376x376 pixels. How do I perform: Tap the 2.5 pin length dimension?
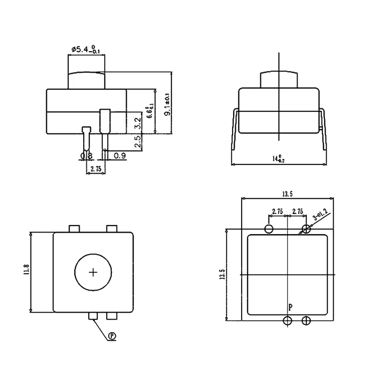(137, 142)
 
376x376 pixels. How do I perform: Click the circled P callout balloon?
(112, 336)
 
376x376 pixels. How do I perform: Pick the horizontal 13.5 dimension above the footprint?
(287, 194)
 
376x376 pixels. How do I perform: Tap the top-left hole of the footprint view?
(269, 229)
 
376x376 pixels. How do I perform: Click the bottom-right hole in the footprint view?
(306, 321)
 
